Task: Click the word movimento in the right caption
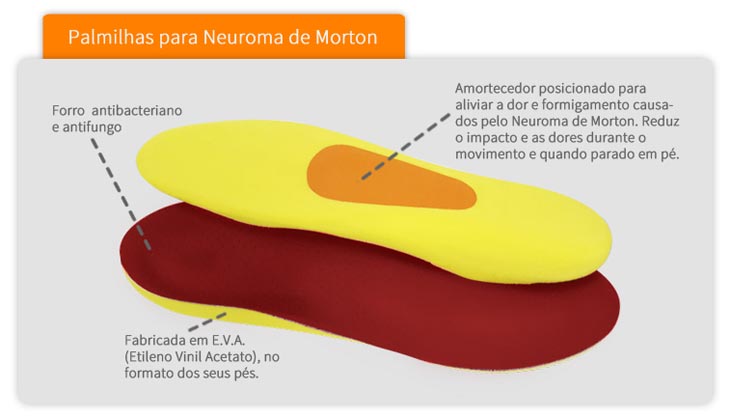tap(490, 155)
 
